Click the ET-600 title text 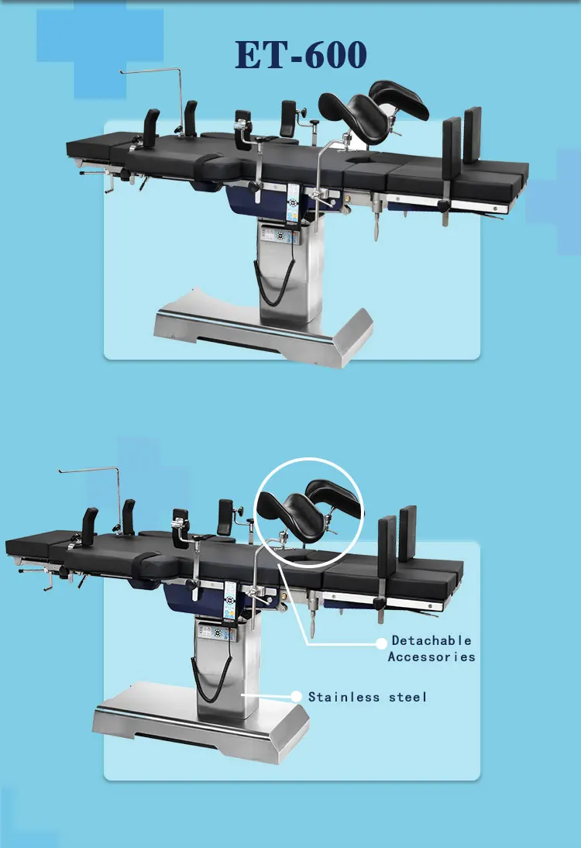(x=301, y=55)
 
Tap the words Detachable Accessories (x=431, y=649)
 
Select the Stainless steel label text (x=367, y=697)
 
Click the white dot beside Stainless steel (x=295, y=697)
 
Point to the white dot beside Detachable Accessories (x=381, y=643)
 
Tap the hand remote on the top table (x=294, y=199)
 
